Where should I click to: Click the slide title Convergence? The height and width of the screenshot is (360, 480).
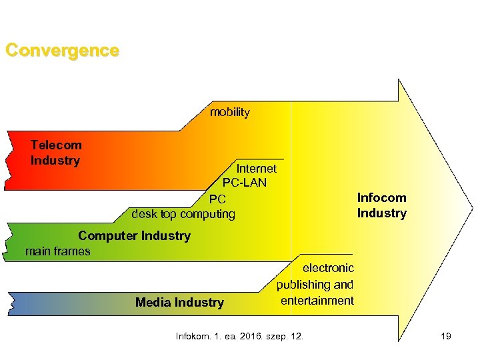[62, 51]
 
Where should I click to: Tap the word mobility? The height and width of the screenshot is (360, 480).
[229, 113]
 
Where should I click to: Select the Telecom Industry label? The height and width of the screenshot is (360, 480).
[56, 153]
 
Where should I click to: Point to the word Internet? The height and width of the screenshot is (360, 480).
[256, 169]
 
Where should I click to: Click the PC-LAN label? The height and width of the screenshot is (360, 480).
[244, 182]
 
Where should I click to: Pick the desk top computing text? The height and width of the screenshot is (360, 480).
[183, 214]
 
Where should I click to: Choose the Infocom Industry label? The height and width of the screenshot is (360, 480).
[381, 205]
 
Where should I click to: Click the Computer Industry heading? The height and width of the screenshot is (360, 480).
[134, 235]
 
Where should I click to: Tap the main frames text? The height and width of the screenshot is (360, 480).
[57, 251]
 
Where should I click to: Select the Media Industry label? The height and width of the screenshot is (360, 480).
[179, 303]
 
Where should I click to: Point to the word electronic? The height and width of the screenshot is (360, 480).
[328, 268]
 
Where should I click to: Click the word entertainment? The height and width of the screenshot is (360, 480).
[317, 301]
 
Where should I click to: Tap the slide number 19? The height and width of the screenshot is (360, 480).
[445, 336]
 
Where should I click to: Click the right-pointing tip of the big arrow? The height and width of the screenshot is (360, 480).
[469, 211]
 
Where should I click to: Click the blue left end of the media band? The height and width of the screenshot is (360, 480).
[20, 303]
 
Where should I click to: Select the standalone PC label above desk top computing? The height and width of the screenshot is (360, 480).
[217, 199]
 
